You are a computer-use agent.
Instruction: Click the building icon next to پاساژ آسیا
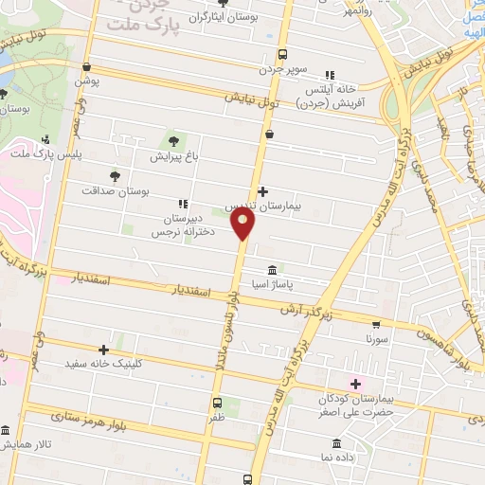click(273, 269)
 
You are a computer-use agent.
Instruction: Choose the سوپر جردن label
click(283, 68)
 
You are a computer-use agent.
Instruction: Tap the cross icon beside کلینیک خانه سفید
click(103, 350)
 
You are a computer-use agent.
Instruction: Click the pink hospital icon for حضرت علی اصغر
click(356, 383)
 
